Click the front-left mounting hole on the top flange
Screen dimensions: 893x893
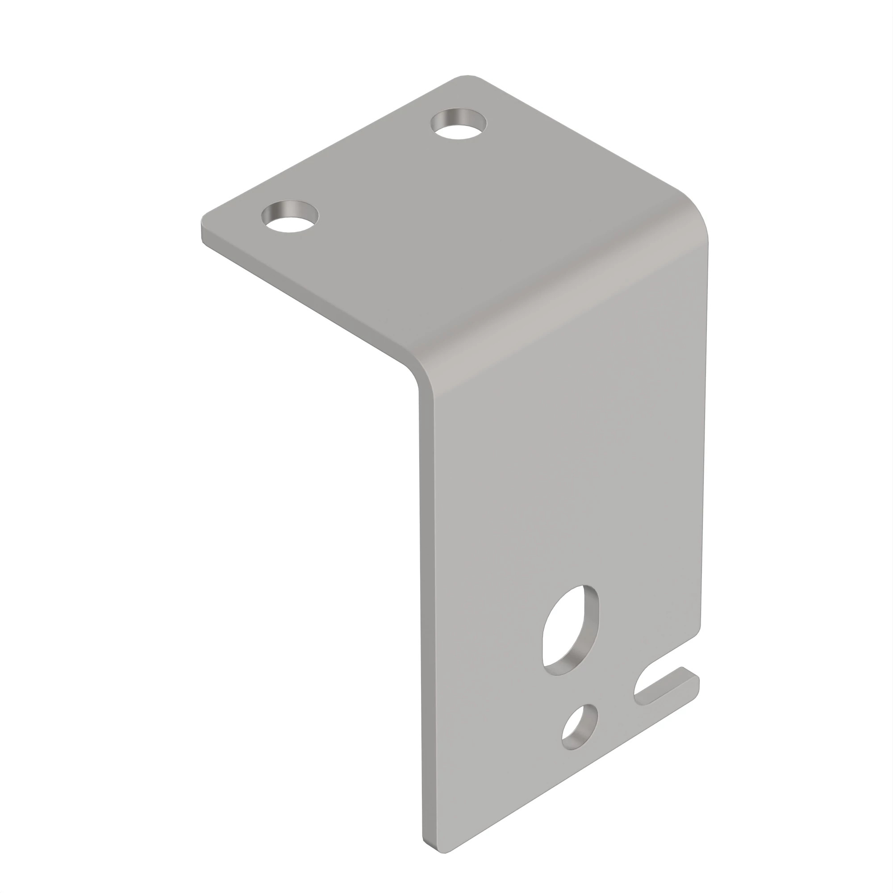pos(290,217)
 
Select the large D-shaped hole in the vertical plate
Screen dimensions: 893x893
pos(569,632)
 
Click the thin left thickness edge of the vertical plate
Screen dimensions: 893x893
pos(426,601)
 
